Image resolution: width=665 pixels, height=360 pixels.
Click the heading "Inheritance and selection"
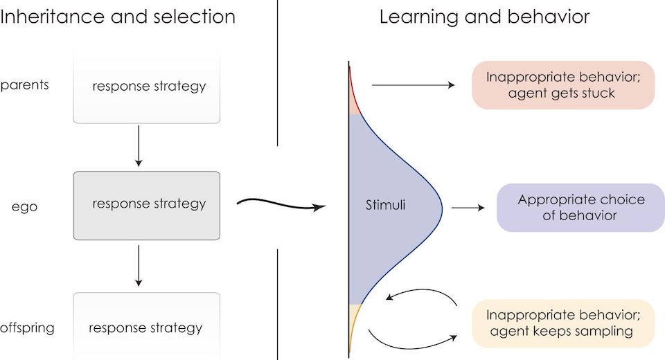click(x=118, y=17)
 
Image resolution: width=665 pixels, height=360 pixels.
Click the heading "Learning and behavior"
click(x=484, y=17)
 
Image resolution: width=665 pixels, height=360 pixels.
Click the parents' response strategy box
click(x=147, y=87)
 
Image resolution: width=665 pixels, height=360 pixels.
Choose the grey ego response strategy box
click(x=147, y=204)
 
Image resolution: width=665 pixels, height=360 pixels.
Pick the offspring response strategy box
click(x=147, y=327)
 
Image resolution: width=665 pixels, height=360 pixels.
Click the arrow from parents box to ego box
click(x=139, y=146)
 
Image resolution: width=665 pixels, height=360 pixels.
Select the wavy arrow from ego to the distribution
click(x=281, y=205)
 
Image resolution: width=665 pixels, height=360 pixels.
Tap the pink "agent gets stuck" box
click(x=562, y=85)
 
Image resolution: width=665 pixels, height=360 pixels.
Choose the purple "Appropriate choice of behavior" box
click(x=580, y=208)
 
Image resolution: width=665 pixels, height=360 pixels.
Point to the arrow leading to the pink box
click(x=413, y=85)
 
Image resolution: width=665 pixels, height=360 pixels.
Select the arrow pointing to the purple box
click(x=468, y=208)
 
